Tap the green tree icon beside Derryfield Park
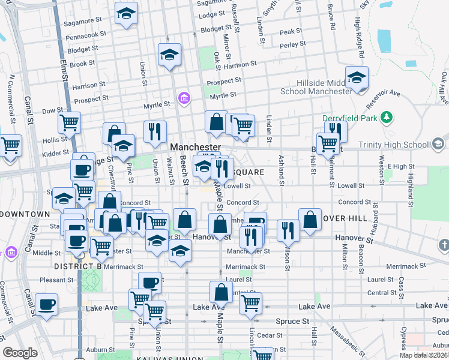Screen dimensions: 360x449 click(x=388, y=117)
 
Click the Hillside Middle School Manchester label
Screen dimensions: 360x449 click(x=316, y=87)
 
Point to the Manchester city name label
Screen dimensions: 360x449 click(x=196, y=147)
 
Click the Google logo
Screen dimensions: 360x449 click(x=20, y=353)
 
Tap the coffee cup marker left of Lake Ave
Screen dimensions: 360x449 click(x=46, y=304)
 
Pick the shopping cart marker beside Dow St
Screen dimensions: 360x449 click(x=69, y=123)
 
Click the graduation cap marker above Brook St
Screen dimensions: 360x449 click(x=170, y=55)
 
